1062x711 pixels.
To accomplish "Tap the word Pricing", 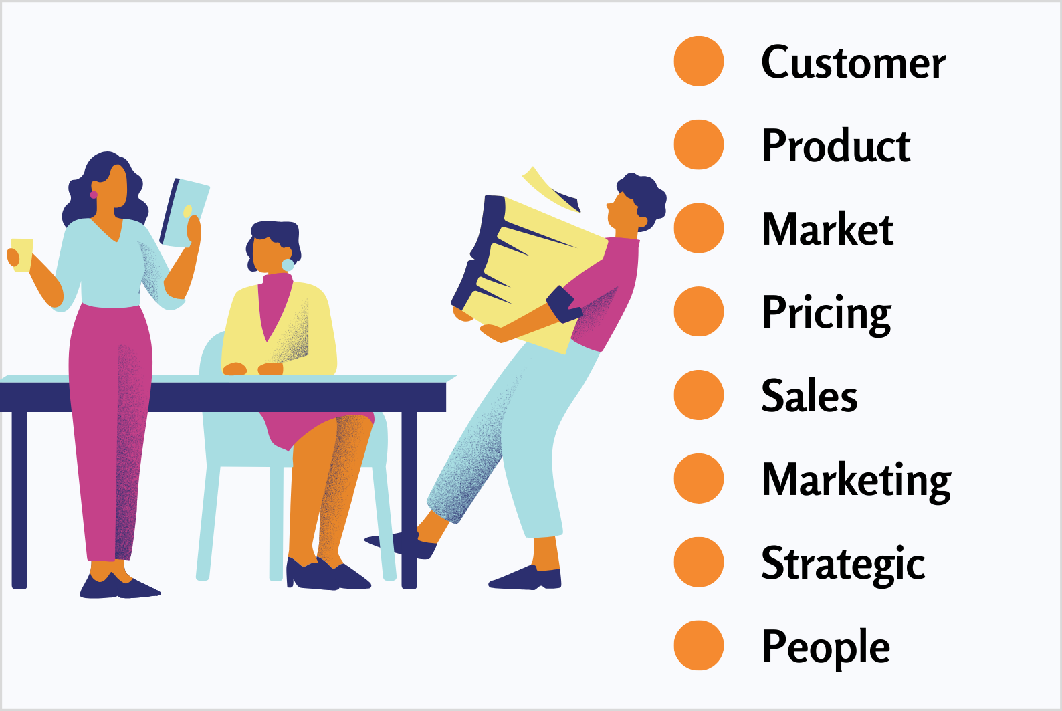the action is click(827, 314).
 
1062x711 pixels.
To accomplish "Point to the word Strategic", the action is click(843, 565).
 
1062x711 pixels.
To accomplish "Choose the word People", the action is click(826, 648).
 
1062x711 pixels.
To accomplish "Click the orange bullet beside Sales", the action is click(699, 395).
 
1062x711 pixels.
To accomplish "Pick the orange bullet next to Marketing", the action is click(699, 479).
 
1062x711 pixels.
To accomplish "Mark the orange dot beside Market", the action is click(699, 228).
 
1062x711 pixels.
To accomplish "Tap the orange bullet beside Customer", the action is click(699, 61).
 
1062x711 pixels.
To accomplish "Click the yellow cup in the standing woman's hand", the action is click(22, 255).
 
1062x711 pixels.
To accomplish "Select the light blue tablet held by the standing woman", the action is click(185, 213).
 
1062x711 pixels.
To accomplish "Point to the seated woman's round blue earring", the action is click(288, 265).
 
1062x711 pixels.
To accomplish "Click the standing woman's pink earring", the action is click(94, 195).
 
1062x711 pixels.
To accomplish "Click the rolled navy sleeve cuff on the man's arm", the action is click(564, 304).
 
